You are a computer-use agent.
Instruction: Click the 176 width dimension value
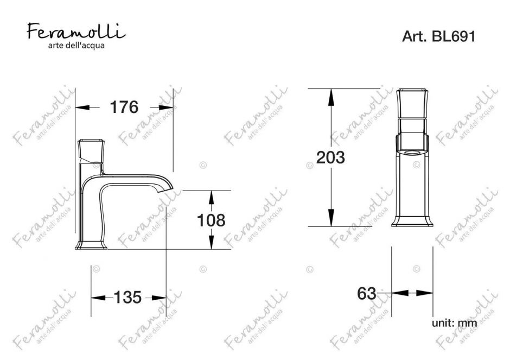124,107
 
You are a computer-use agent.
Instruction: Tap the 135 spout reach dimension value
127,298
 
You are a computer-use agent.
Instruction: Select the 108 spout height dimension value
211,220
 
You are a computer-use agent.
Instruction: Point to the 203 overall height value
330,157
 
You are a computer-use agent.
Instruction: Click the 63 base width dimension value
367,294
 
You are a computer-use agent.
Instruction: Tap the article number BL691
454,36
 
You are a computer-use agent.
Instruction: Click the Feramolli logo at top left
76,31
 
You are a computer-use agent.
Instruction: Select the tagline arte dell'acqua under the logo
76,45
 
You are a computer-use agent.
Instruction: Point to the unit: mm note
454,323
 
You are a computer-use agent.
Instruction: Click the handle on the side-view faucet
91,151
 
